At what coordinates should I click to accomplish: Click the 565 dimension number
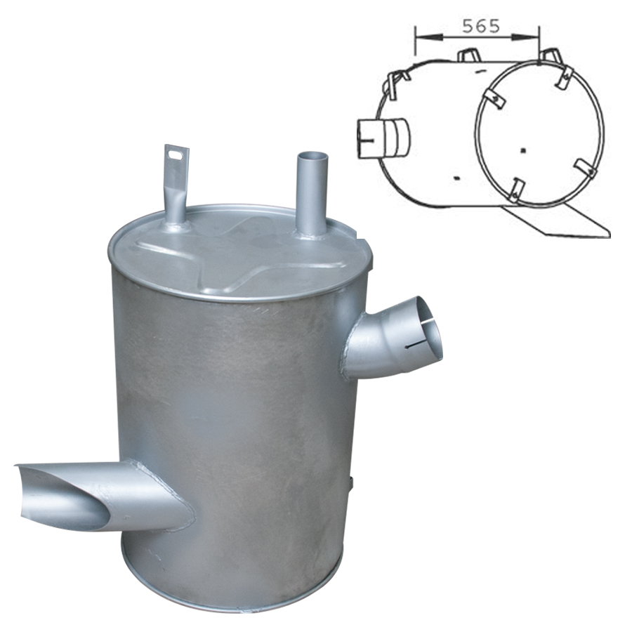481,26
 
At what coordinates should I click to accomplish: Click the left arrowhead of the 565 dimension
427,37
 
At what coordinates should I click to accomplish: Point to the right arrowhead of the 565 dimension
525,37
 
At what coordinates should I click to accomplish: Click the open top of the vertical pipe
311,157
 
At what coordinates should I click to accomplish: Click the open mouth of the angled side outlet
429,329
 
